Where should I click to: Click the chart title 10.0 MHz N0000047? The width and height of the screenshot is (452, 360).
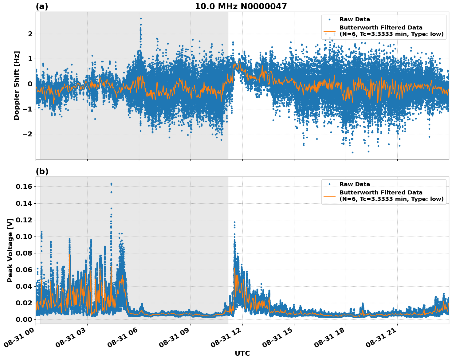tap(241, 6)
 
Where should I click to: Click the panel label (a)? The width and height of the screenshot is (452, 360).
tap(42, 6)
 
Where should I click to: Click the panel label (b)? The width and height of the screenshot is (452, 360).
tap(42, 171)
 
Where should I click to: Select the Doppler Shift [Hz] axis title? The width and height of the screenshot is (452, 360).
tap(17, 85)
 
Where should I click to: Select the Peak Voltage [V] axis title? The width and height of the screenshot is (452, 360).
tap(10, 250)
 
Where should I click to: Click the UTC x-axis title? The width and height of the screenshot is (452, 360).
tap(242, 353)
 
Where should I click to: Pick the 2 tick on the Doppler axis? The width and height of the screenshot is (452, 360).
tap(30, 33)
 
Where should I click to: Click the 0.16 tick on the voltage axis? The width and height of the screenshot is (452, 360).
tap(25, 186)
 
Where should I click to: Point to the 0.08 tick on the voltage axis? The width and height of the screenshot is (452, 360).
tap(25, 253)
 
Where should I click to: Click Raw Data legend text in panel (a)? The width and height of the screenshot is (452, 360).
tap(355, 19)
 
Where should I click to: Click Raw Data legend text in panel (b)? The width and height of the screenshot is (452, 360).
tap(355, 184)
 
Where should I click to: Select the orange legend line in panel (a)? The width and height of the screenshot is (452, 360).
tap(329, 31)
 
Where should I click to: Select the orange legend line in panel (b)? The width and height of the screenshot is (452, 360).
tap(329, 196)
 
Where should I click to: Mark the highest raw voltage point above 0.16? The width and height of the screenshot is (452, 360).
tap(111, 184)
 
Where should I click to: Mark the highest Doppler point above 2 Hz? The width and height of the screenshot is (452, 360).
tap(141, 18)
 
